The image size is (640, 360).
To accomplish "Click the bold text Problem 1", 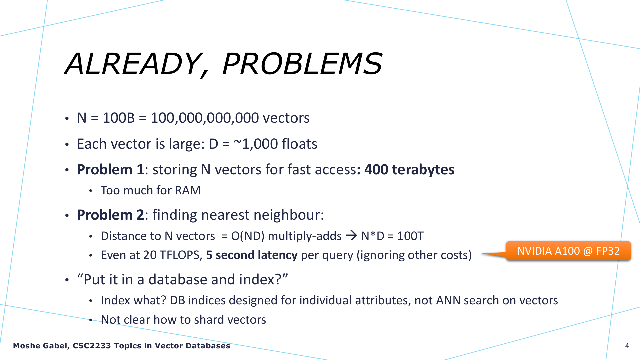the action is (110, 170).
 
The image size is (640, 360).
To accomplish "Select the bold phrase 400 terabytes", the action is (409, 170).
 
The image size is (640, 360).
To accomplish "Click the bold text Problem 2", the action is (110, 215).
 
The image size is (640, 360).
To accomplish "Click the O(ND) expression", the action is (248, 236).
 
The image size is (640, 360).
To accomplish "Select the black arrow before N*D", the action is (352, 236).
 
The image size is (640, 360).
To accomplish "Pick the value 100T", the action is (410, 236).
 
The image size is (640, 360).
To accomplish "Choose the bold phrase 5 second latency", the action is (252, 255).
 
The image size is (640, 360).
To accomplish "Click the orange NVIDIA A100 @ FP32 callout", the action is (568, 251).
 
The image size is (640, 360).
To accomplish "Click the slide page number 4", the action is (627, 346).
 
